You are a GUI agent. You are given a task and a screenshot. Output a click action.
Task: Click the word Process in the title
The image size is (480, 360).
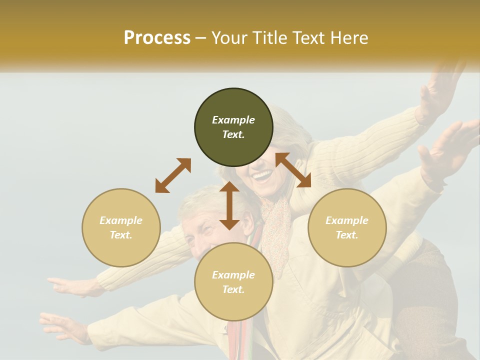click(x=157, y=38)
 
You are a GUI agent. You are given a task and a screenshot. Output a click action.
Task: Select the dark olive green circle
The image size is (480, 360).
click(x=233, y=127)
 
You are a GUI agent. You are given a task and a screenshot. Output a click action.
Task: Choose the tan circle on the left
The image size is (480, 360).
click(x=121, y=227)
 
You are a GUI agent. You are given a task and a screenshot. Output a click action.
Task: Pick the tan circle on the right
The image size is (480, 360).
click(x=347, y=227)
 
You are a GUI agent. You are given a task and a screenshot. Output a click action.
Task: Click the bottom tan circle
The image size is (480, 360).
click(x=233, y=282)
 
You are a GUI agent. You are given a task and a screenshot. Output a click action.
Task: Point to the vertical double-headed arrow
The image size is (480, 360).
click(x=229, y=205)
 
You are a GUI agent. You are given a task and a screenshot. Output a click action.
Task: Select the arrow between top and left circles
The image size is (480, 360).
click(x=173, y=175)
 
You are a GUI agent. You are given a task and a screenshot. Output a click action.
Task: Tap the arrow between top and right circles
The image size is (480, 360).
click(x=293, y=170)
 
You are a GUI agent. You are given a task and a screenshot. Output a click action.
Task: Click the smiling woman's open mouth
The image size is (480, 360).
click(x=262, y=176)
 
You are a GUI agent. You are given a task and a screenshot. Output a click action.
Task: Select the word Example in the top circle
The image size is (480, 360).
click(x=233, y=120)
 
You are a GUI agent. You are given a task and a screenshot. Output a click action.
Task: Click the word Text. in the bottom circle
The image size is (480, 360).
click(x=233, y=289)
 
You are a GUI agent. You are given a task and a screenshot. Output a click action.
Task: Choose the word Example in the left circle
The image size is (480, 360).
click(x=121, y=220)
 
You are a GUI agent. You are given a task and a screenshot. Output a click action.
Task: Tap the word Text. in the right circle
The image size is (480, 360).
click(x=347, y=235)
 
